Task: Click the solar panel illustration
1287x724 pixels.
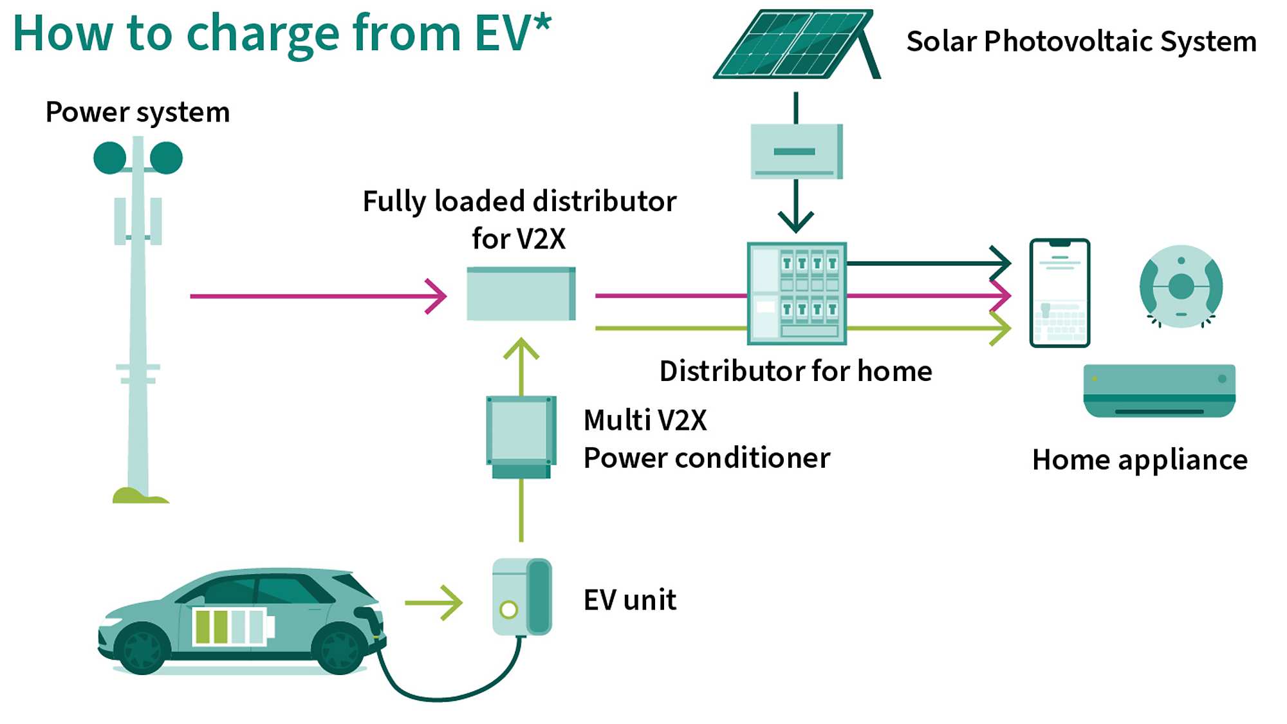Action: tap(797, 44)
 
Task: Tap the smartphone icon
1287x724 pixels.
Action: tap(1060, 293)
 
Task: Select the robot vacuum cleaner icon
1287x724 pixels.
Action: tap(1181, 286)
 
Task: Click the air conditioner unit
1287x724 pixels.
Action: tap(1160, 391)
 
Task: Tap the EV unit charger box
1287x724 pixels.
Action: tap(522, 597)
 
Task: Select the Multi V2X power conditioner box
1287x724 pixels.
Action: tap(521, 437)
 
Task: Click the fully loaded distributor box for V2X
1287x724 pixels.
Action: tap(521, 294)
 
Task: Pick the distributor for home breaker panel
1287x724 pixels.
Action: tap(797, 293)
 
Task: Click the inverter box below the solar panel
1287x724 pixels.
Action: tap(797, 151)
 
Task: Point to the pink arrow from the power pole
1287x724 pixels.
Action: tap(318, 296)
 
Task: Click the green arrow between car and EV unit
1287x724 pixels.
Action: tap(433, 603)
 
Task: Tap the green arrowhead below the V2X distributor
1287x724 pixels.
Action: tap(521, 349)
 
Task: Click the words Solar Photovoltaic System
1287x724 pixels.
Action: tap(1081, 42)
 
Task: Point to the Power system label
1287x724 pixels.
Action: tap(138, 113)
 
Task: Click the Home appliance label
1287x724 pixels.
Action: tap(1140, 460)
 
